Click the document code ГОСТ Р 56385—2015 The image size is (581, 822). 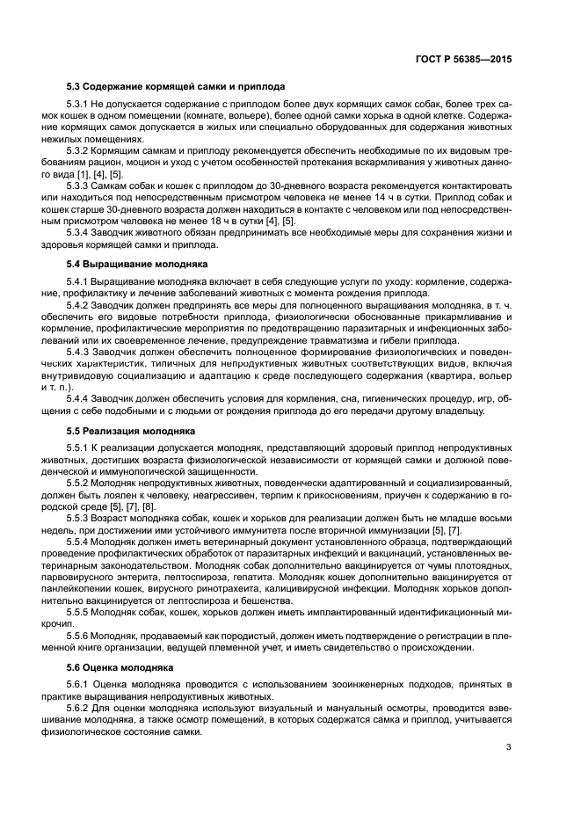click(465, 61)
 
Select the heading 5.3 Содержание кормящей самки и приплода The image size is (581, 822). click(176, 86)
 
